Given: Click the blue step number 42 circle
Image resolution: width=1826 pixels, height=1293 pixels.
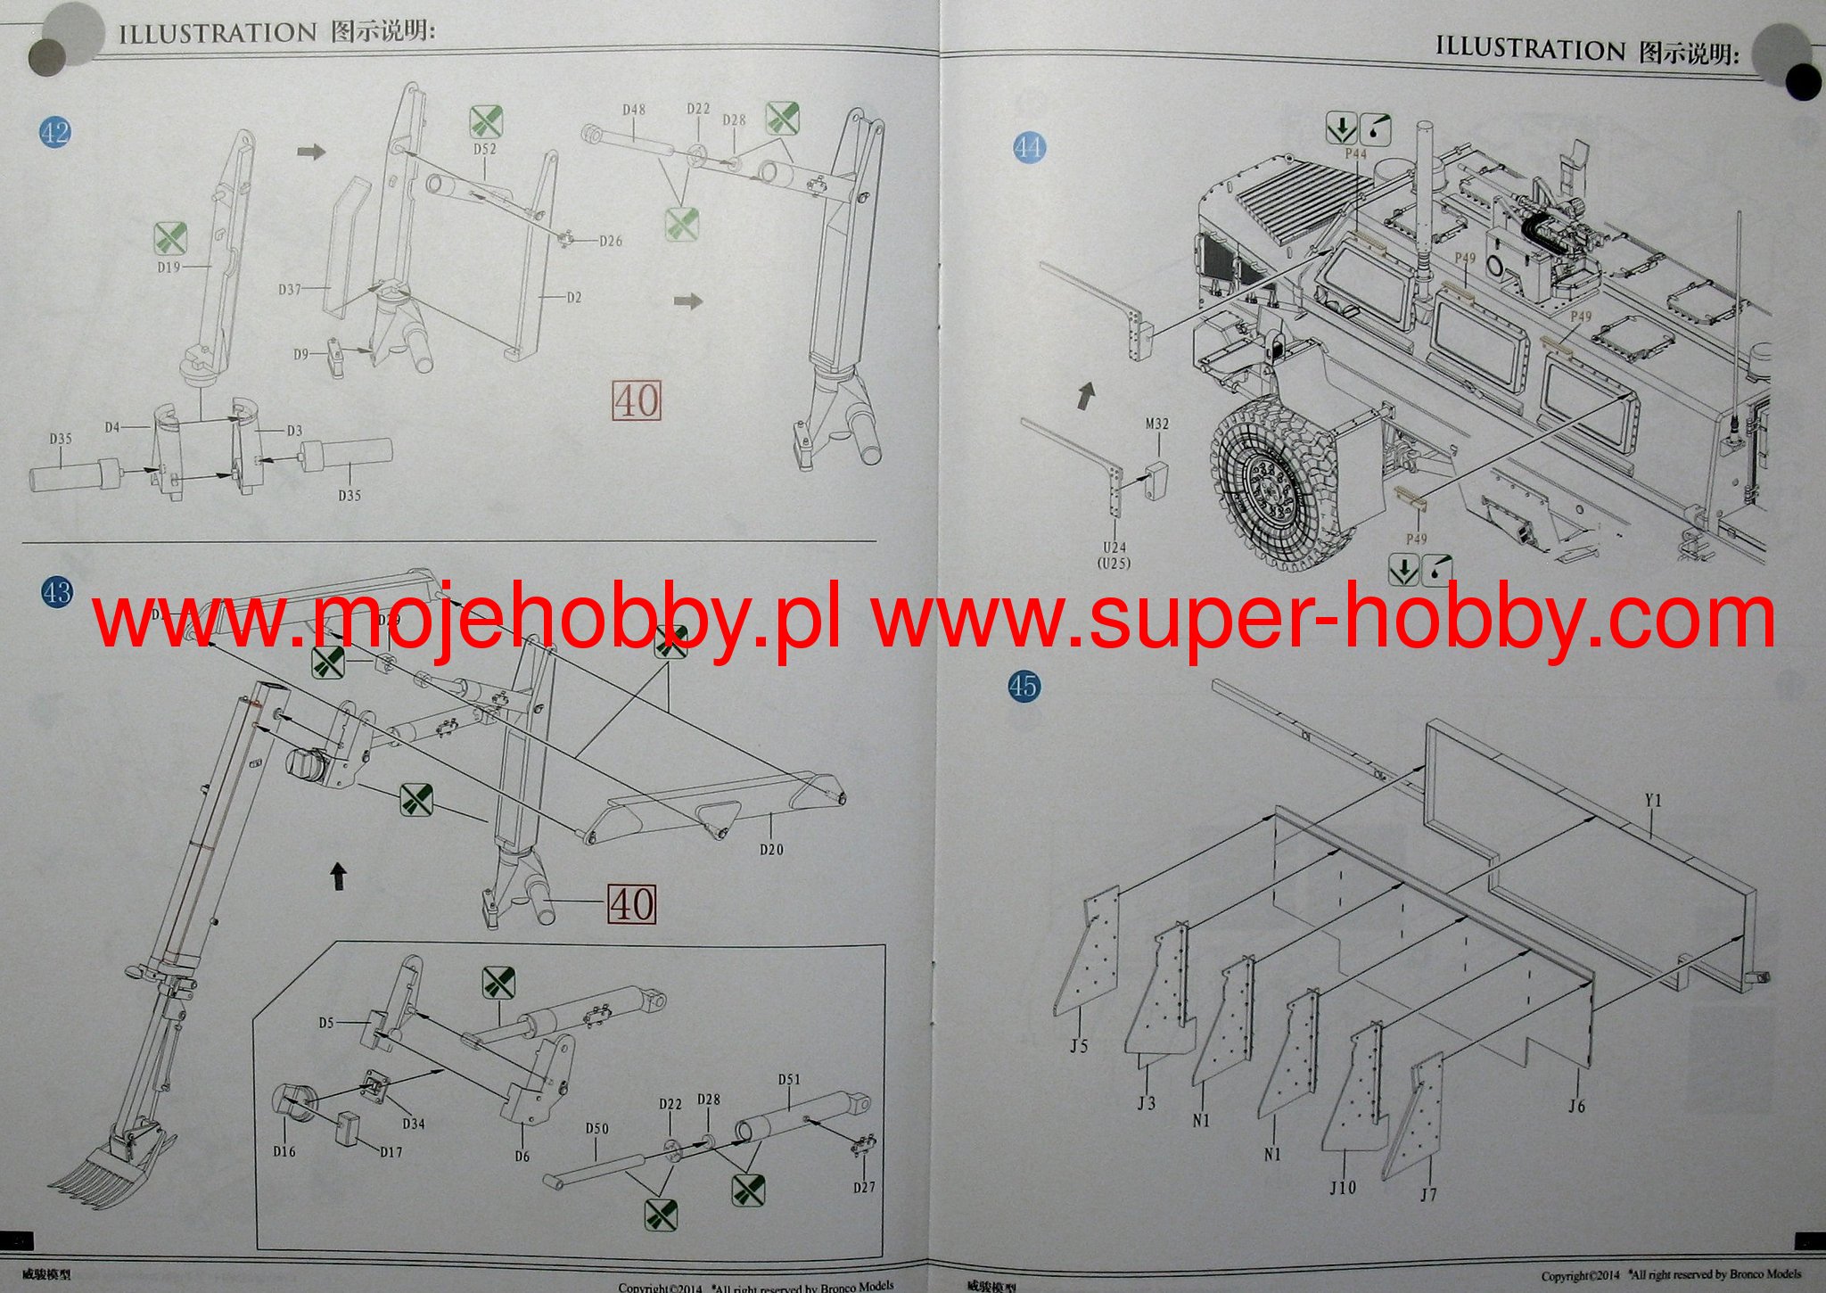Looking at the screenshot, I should click(x=55, y=133).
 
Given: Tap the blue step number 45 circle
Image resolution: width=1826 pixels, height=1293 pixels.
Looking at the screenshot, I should click(x=1024, y=686).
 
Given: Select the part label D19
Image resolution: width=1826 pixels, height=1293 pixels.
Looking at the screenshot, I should click(x=169, y=267).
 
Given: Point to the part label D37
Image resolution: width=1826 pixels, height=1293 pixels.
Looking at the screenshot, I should click(x=290, y=289).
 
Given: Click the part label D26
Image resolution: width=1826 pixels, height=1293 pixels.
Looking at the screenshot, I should click(x=611, y=241).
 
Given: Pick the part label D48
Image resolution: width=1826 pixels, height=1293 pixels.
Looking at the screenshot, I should click(x=634, y=110).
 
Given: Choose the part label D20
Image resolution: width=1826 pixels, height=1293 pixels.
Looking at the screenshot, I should click(x=771, y=850).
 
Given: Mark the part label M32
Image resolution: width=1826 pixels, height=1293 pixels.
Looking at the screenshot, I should click(x=1156, y=424).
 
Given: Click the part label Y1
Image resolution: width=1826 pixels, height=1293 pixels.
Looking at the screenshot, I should click(x=1653, y=801).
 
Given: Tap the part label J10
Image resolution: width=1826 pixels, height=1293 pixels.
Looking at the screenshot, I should click(x=1343, y=1187).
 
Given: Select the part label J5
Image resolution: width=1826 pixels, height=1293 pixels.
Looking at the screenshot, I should click(x=1079, y=1046).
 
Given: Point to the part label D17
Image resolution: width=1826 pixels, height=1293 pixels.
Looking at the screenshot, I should click(x=391, y=1152).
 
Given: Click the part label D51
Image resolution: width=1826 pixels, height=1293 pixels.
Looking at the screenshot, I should click(x=789, y=1079).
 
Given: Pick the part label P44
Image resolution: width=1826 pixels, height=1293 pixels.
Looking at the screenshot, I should click(x=1355, y=154).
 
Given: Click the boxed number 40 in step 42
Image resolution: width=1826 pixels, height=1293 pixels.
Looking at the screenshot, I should click(x=637, y=401).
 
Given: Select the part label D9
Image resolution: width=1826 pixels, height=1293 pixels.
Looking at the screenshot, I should click(x=300, y=354).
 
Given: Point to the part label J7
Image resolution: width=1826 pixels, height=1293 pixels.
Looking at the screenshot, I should click(x=1428, y=1195).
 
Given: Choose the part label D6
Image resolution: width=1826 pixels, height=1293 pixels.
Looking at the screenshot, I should click(x=522, y=1157).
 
